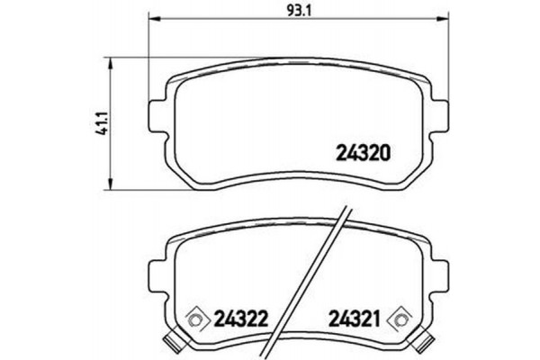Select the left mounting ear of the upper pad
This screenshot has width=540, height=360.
[x=155, y=115]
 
